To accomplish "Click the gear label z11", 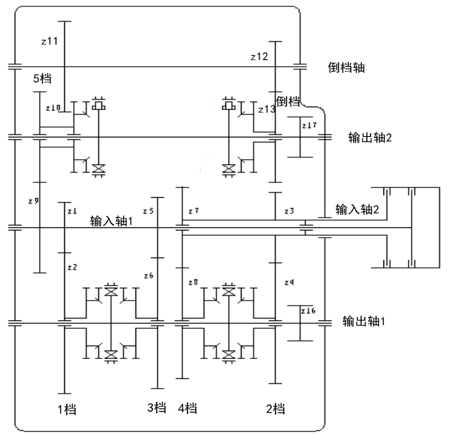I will pos(49,41).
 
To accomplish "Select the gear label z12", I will pos(260,57).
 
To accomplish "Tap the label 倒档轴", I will pos(346,67).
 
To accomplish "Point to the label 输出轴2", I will pos(369,137).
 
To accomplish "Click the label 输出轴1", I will pos(364,320).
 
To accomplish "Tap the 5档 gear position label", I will pos(42,80).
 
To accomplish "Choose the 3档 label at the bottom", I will pos(157,409).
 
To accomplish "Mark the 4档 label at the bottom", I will pos(187,409).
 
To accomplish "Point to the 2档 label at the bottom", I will pos(275,409).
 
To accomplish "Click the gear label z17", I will pos(309,125).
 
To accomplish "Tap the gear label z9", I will pos(33,201).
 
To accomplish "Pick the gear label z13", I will pos(267,110).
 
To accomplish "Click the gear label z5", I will pos(148,211).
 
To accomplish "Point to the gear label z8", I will pos(193,282).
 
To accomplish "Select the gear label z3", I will pos(289,211).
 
